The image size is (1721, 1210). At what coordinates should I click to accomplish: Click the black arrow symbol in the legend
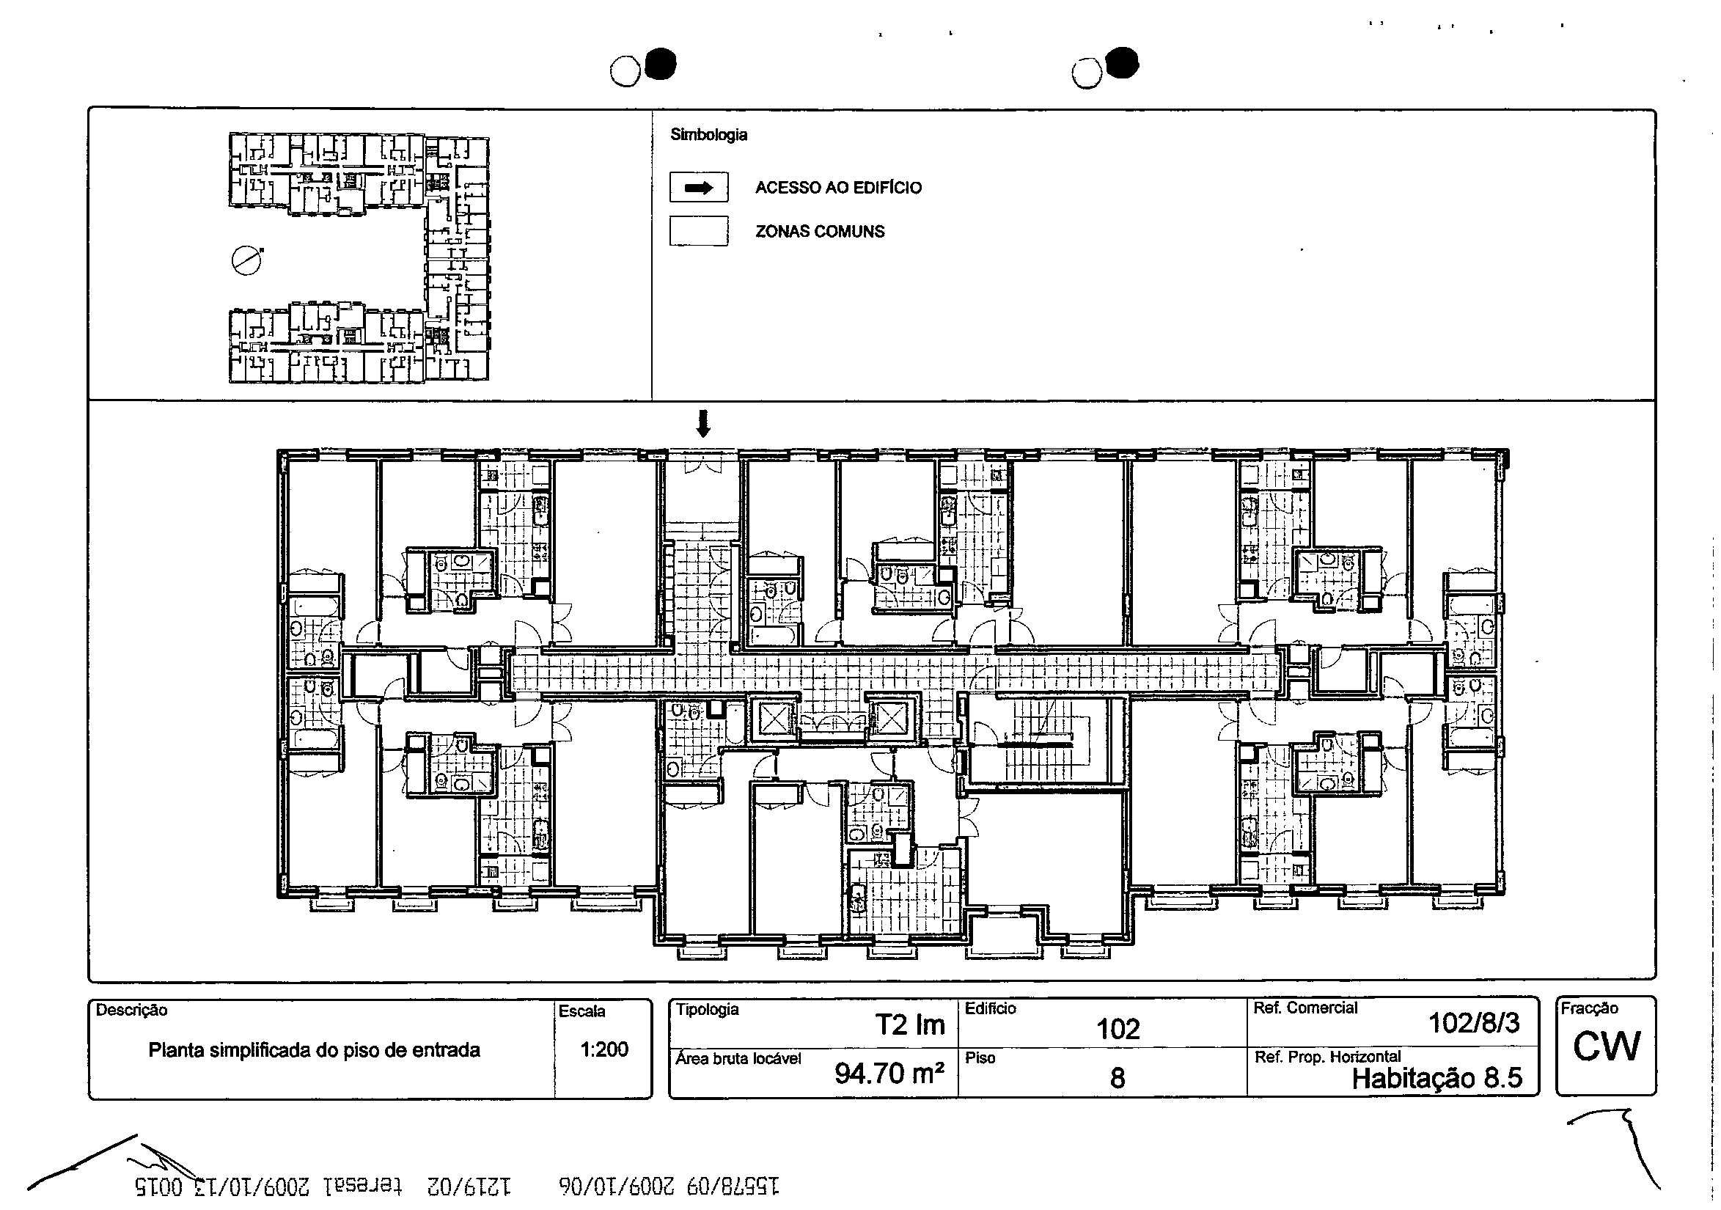tap(699, 188)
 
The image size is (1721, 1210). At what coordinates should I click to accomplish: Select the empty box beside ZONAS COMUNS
tap(699, 231)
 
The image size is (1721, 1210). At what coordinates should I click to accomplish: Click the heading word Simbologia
tap(708, 135)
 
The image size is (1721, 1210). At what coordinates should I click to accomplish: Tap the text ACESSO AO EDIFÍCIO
tap(838, 188)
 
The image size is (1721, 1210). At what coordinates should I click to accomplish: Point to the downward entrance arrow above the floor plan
tap(702, 424)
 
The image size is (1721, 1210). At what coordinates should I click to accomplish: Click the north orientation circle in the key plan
tap(246, 261)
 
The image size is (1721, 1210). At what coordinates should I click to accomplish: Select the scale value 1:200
tap(604, 1049)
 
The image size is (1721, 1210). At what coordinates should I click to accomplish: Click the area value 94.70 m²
tap(889, 1074)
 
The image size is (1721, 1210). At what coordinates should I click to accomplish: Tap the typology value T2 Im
tap(910, 1024)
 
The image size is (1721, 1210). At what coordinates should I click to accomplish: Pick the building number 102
tap(1118, 1029)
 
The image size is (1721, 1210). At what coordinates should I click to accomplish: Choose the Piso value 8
tap(1117, 1078)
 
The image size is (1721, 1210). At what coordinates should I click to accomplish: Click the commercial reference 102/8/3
tap(1474, 1022)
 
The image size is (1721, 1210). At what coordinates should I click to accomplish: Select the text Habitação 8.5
tap(1437, 1078)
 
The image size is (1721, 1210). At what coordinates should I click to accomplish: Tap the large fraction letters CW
tap(1607, 1046)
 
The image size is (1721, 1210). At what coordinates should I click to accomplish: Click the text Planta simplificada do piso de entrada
tap(314, 1049)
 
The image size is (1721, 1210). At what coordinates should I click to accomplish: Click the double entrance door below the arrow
tap(702, 466)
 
